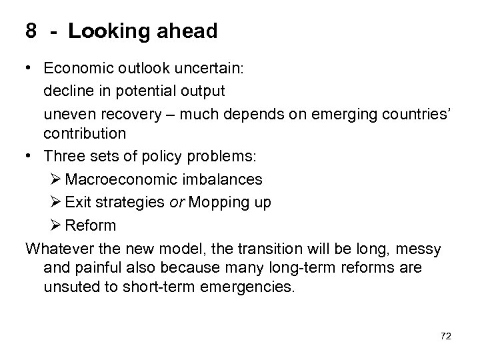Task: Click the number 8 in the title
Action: tap(31, 31)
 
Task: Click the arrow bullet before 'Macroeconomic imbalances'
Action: tap(56, 179)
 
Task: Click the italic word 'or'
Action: tap(177, 203)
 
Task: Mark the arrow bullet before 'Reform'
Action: tap(56, 225)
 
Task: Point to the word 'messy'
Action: tap(418, 249)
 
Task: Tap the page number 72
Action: tap(445, 337)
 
